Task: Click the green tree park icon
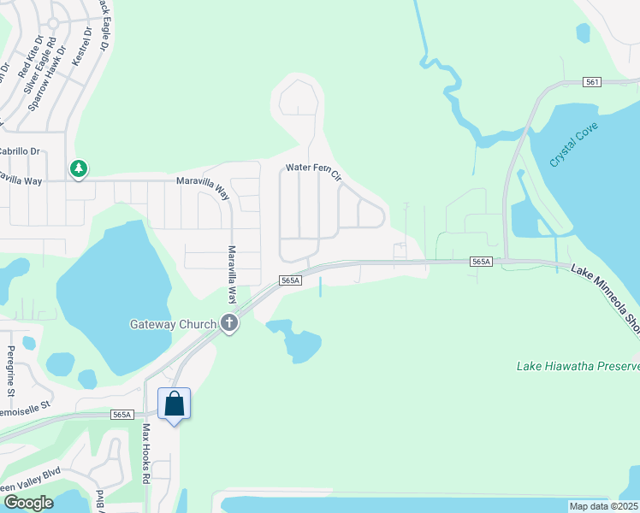click(x=79, y=168)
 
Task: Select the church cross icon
click(x=229, y=323)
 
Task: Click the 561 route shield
click(x=593, y=82)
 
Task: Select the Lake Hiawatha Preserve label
click(x=578, y=366)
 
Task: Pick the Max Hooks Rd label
click(x=146, y=453)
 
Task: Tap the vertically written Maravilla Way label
click(x=231, y=274)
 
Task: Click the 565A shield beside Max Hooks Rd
click(x=122, y=415)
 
